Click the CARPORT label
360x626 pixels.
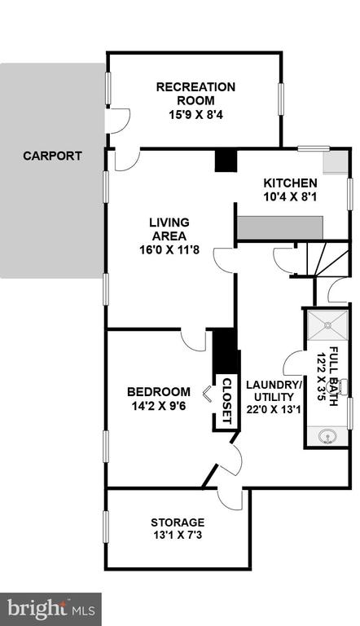point(52,156)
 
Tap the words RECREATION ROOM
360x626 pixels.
point(195,94)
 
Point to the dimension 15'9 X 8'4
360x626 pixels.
point(195,115)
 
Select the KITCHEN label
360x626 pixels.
point(290,183)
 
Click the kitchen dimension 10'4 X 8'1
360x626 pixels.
point(290,196)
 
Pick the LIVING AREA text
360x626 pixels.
point(169,229)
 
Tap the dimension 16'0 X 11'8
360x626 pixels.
point(169,250)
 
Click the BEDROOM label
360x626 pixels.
point(159,392)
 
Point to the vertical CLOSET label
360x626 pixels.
point(226,401)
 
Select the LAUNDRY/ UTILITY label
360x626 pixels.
point(274,391)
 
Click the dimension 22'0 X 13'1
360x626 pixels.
point(274,410)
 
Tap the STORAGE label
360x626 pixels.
point(178,522)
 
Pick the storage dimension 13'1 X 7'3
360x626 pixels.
point(178,535)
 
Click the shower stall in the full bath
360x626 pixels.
point(327,325)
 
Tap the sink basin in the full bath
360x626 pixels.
point(327,436)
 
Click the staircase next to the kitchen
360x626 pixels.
point(328,258)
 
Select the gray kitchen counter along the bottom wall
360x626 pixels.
point(280,228)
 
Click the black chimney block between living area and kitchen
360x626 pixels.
point(226,161)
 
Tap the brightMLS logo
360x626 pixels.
point(50,610)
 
